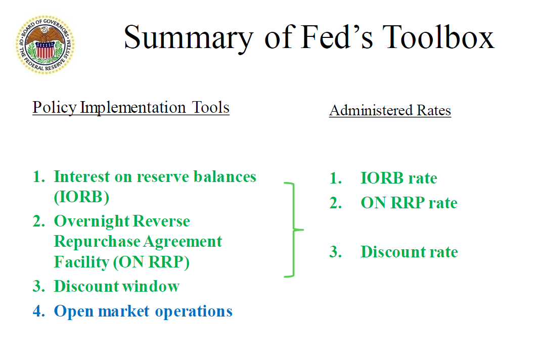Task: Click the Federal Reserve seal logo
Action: pos(45,45)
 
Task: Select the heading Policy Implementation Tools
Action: pos(131,108)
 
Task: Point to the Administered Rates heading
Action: pos(390,110)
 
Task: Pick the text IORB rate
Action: pos(398,178)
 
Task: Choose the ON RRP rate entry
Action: pos(409,203)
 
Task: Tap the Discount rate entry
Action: pos(409,252)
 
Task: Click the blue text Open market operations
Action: pos(143,311)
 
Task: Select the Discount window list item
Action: pos(116,286)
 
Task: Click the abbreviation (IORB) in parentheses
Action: pos(81,197)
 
